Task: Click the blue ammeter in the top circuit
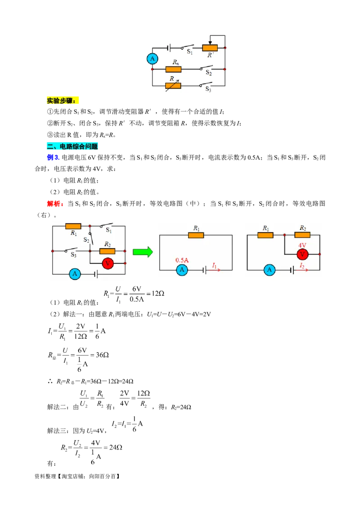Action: coord(152,59)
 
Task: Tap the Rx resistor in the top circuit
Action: coord(173,69)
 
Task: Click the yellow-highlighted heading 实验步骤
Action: coord(63,101)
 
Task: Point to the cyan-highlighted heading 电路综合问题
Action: coord(72,147)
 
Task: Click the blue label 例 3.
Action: coord(53,157)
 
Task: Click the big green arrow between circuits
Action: coord(143,252)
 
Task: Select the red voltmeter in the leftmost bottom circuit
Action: coord(108,263)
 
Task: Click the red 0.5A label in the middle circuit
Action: coord(182,260)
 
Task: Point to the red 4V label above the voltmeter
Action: coord(302,246)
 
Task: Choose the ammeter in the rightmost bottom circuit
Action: coord(270,270)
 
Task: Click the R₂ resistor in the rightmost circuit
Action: coord(302,235)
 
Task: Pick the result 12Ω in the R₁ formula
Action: coord(158,294)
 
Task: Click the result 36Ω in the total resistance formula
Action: coord(102,355)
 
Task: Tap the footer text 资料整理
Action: coord(45,476)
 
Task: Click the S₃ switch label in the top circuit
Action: coord(208,89)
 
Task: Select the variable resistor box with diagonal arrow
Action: coord(173,86)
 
